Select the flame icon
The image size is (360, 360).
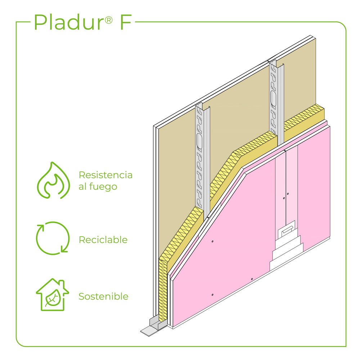(53, 180)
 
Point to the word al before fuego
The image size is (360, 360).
(82, 186)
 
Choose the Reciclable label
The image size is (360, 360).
(103, 240)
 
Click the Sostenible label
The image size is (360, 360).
(103, 297)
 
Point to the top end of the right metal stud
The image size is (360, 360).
(276, 64)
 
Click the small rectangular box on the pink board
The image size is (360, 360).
(287, 230)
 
